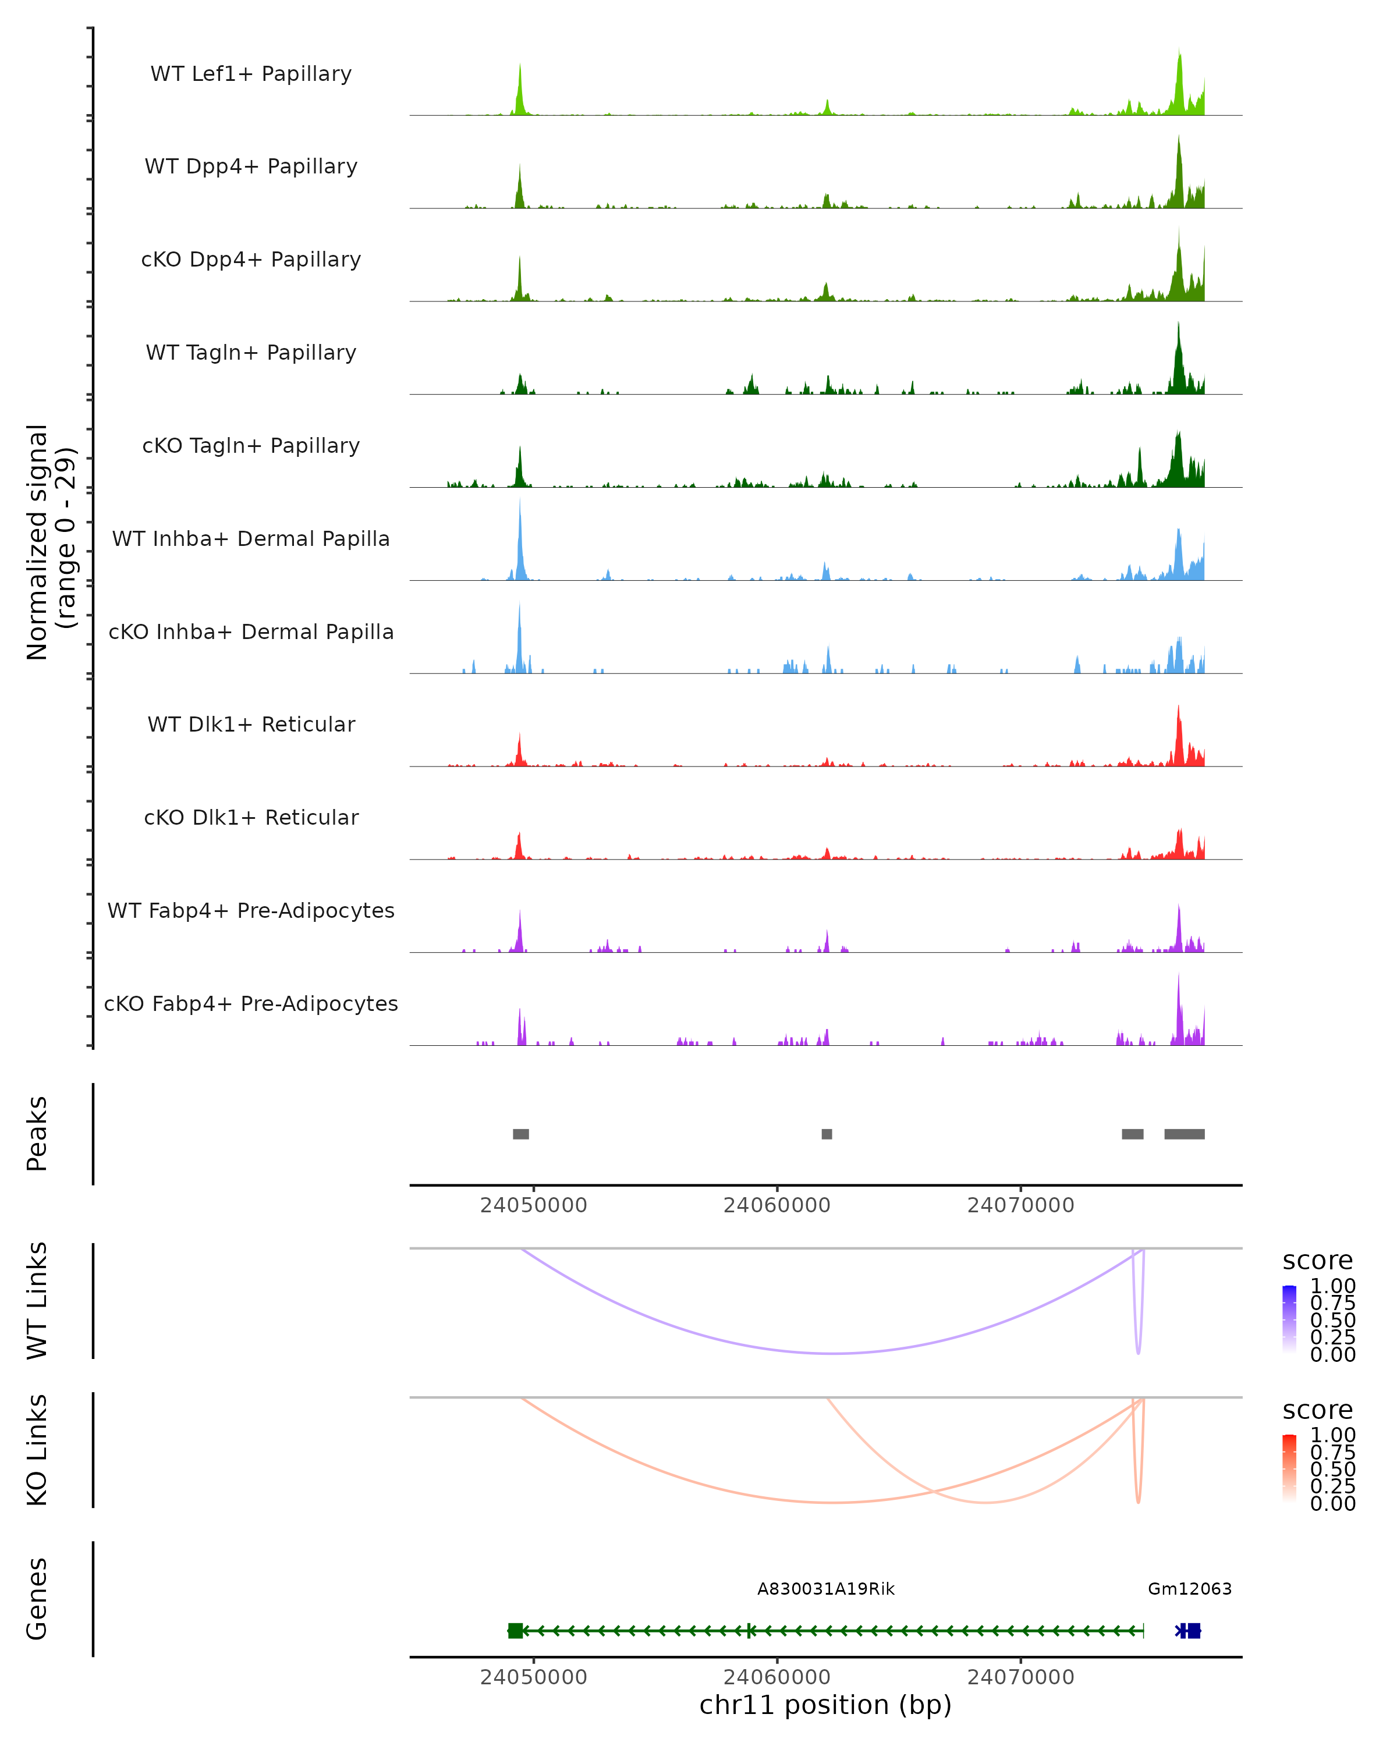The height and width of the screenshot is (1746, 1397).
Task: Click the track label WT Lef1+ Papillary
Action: [x=251, y=74]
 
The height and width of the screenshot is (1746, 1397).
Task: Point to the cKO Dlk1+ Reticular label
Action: [x=251, y=817]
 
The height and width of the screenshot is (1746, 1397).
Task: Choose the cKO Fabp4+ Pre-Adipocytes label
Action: [x=251, y=1003]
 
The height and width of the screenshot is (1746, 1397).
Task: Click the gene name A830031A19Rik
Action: [x=825, y=1589]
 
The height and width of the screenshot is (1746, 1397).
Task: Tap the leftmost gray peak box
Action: [x=521, y=1134]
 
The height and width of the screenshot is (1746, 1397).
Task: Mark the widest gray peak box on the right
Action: [x=1184, y=1134]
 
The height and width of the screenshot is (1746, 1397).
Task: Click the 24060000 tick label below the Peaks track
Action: [x=776, y=1205]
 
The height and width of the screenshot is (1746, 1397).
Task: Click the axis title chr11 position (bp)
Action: [x=825, y=1705]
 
